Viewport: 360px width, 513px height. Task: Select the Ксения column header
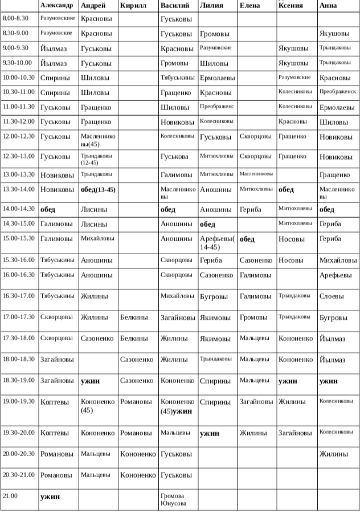pyautogui.click(x=291, y=6)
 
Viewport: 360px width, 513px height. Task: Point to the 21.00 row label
pyautogui.click(x=10, y=496)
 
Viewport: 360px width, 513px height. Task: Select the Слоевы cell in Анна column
pyautogui.click(x=332, y=296)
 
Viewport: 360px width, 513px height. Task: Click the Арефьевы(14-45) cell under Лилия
pyautogui.click(x=217, y=243)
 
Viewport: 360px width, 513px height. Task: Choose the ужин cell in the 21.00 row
pyautogui.click(x=50, y=497)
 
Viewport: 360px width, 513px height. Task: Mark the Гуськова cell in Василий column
pyautogui.click(x=174, y=156)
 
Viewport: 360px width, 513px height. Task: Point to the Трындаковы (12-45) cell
pyautogui.click(x=97, y=159)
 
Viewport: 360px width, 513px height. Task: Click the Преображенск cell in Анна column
pyautogui.click(x=337, y=91)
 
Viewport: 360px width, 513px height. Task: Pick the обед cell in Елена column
pyautogui.click(x=247, y=239)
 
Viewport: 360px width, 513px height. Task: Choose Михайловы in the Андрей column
pyautogui.click(x=97, y=238)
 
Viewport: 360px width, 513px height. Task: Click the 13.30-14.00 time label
pyautogui.click(x=19, y=190)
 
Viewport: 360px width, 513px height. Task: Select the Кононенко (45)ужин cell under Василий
pyautogui.click(x=177, y=406)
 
